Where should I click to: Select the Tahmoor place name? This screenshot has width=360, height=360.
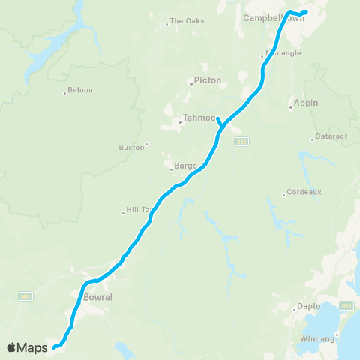(x=199, y=118)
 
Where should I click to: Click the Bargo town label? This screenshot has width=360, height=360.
(x=185, y=165)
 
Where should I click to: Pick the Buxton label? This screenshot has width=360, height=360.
(x=131, y=148)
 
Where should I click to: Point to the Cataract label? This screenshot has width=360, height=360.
(x=327, y=139)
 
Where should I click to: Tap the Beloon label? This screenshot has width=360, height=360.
(x=80, y=90)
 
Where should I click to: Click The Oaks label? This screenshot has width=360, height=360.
(x=182, y=21)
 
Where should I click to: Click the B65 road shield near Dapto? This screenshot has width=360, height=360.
(x=346, y=305)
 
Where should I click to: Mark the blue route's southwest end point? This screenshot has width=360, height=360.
(x=54, y=346)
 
